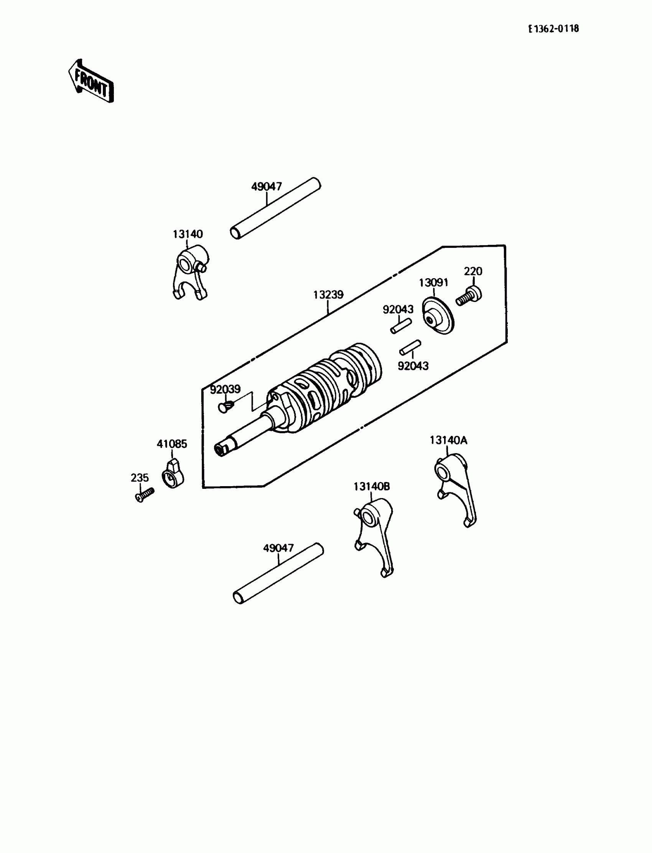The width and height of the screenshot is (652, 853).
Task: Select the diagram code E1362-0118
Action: (553, 29)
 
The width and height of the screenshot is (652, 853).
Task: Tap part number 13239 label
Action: (328, 295)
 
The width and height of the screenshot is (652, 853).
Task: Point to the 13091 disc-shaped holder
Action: (438, 316)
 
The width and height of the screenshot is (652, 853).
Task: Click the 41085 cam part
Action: (173, 474)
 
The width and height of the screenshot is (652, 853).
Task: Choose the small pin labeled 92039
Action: (225, 406)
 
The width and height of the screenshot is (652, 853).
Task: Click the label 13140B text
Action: (371, 487)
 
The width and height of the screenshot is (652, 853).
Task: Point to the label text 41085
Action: (172, 444)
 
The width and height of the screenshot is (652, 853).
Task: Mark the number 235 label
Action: (140, 478)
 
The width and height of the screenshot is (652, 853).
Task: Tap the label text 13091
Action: (433, 283)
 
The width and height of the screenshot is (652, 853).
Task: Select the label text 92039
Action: (225, 389)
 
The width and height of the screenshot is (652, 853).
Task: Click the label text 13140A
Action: (448, 440)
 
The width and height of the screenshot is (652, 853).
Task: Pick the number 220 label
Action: (473, 271)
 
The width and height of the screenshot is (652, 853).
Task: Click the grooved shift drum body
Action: (326, 388)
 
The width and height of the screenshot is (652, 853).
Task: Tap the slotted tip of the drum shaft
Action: (221, 450)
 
